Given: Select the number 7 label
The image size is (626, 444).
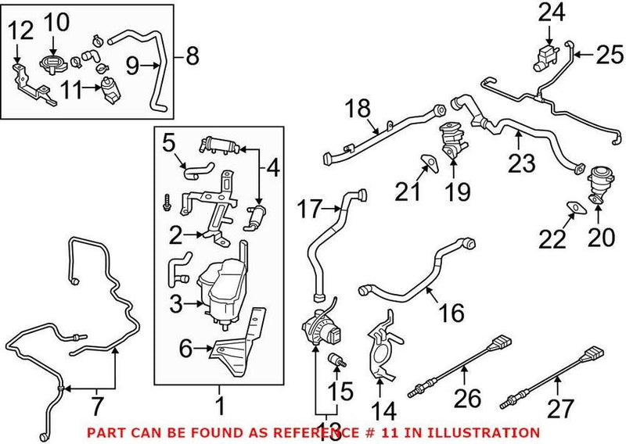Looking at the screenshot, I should click(96, 406).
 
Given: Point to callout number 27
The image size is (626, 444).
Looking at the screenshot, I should click(559, 407).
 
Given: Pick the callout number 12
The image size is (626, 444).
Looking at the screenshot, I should click(20, 32).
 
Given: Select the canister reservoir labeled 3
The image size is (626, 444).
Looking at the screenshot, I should click(222, 285).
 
